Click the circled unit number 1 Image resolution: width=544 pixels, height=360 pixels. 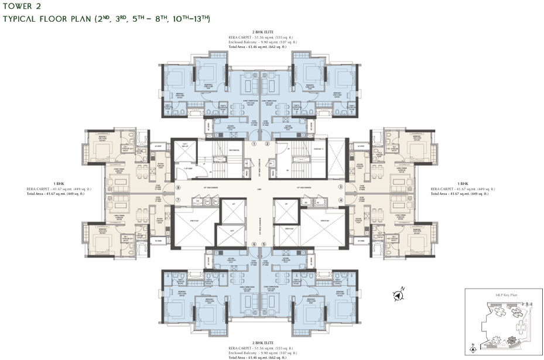tap(254, 143)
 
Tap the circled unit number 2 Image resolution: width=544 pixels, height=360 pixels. tap(267, 143)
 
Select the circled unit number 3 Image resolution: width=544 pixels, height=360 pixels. tap(340, 187)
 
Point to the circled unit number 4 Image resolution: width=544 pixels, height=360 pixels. tap(340, 200)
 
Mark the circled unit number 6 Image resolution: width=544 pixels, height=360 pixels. tap(254, 244)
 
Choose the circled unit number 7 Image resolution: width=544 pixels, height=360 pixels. tap(178, 200)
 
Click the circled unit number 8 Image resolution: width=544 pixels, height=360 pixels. tap(178, 187)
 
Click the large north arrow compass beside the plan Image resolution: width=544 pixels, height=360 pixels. tap(399, 295)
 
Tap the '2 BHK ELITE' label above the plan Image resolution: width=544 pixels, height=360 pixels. tap(261, 32)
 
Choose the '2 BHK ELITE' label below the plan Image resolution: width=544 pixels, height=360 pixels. tap(261, 342)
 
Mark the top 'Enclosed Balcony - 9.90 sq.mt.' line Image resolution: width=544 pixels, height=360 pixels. tap(261, 42)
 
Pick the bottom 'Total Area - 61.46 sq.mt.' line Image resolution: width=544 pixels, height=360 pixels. tap(261, 356)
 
